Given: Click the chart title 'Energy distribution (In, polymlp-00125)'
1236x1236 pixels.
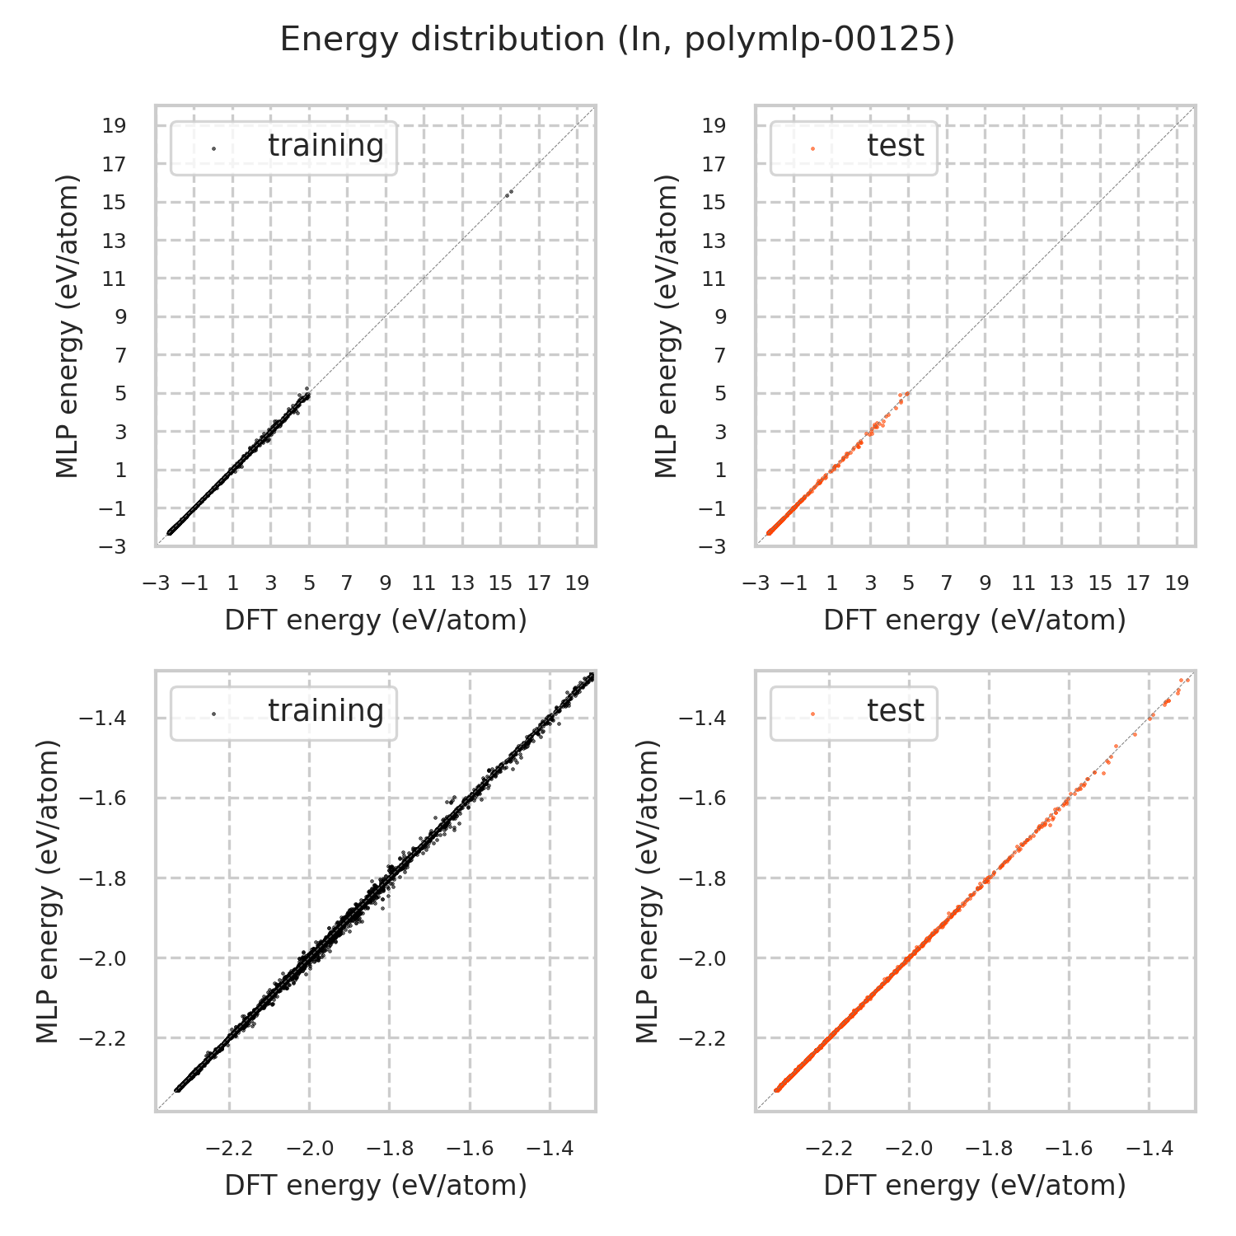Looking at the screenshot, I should (x=617, y=40).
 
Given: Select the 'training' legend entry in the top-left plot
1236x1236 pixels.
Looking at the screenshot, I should (x=325, y=146).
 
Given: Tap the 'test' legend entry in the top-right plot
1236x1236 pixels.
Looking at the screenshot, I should (x=895, y=146).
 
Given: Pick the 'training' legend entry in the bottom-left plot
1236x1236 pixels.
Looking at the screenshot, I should (x=325, y=711).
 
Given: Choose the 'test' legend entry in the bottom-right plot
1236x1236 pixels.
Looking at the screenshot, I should (x=895, y=711).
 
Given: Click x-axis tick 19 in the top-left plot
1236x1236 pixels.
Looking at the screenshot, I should (x=577, y=584).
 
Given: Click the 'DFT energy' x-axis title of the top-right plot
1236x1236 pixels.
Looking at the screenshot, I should (x=975, y=620).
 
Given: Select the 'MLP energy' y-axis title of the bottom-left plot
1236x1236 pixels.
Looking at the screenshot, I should (x=49, y=892).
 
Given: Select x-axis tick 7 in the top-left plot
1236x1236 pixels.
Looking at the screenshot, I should (x=348, y=584).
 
